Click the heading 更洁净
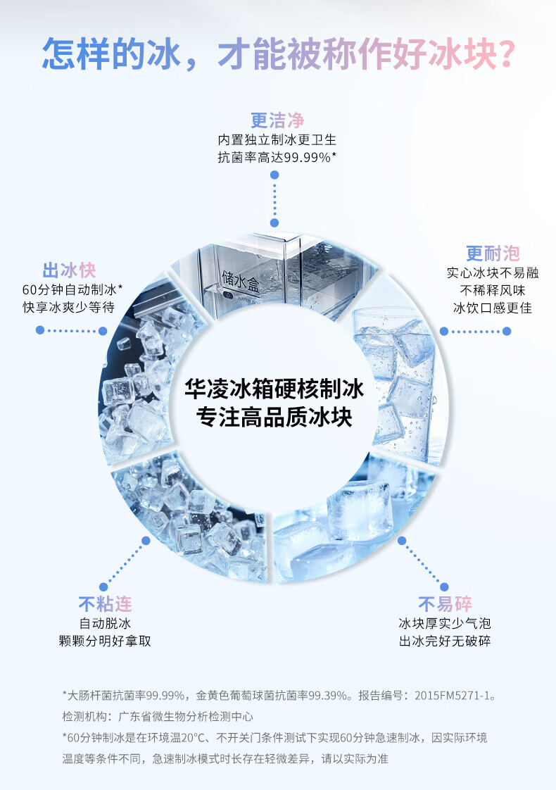coord(277,120)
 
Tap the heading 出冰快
coord(69,270)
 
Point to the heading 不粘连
coord(105,604)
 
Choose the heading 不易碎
coord(445,604)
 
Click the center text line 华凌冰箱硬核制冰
coord(274,387)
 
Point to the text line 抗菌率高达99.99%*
coord(277,157)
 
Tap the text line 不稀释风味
coord(493,289)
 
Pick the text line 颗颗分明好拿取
coord(105,641)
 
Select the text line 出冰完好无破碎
coord(445,641)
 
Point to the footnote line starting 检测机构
coord(158,717)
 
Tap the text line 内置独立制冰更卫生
coord(277,139)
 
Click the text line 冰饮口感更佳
coord(493,308)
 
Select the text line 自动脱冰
coord(105,623)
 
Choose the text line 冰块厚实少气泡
coord(445,623)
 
